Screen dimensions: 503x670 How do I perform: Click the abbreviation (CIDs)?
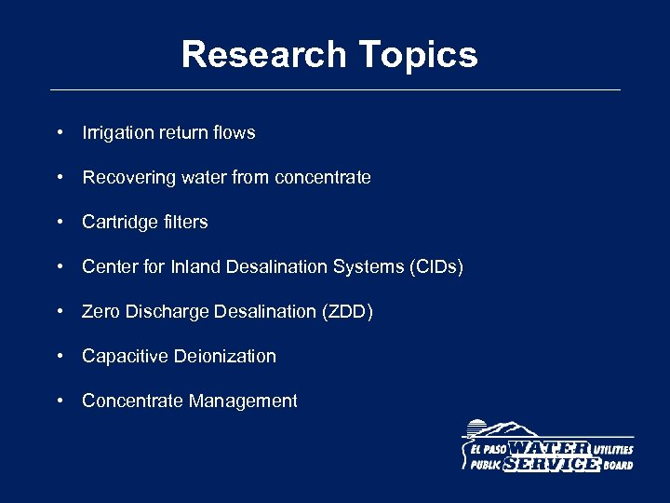[435, 267]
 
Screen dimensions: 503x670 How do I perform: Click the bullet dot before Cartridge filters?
[60, 223]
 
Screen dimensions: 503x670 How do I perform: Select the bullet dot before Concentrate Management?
[60, 401]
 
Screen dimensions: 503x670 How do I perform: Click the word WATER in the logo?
[549, 449]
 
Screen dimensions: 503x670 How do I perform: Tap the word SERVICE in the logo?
[551, 464]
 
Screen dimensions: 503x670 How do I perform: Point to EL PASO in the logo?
[484, 450]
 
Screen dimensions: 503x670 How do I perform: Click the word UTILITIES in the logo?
[612, 450]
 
